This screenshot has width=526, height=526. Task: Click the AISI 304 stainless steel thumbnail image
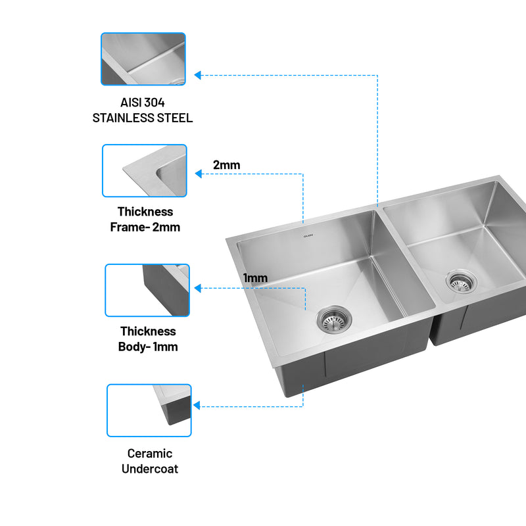coord(143,59)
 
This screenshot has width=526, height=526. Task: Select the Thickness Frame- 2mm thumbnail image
coord(145,171)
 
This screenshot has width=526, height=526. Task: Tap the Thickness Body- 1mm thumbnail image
coord(147,291)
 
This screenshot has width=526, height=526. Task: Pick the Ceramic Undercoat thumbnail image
coord(149,411)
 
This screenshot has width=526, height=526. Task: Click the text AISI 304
coord(143,103)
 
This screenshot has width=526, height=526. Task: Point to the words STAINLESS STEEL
coord(143,118)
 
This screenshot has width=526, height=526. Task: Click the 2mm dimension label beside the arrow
coord(226,165)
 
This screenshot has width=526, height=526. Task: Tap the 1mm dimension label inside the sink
coord(255,278)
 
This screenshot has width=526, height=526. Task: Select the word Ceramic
coord(150,454)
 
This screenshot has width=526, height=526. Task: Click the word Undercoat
coord(150,469)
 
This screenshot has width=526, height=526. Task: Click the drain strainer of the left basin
coord(334,320)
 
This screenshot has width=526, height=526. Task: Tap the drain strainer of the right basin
coord(458,281)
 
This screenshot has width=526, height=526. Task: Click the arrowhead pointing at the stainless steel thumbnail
coord(198,75)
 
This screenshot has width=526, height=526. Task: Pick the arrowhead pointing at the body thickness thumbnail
coord(198,288)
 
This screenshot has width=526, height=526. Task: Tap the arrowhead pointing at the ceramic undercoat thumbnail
coord(197,406)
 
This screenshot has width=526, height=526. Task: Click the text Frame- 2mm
coord(145,227)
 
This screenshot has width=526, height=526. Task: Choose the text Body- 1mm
coord(148,347)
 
